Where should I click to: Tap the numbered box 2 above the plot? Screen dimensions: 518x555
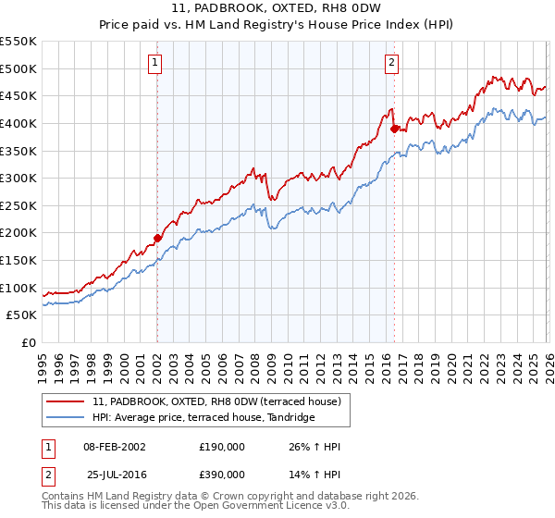click(x=392, y=63)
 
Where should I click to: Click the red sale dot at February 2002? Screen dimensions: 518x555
click(x=157, y=238)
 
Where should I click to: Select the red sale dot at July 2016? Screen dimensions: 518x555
click(x=394, y=129)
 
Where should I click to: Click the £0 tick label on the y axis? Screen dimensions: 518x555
click(x=29, y=342)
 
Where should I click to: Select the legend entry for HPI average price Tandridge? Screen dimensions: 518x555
click(x=203, y=417)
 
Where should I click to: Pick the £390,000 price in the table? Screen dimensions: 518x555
click(x=222, y=474)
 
